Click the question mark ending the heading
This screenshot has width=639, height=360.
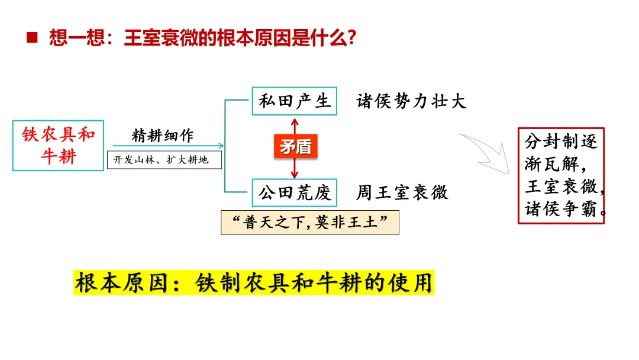[351, 38]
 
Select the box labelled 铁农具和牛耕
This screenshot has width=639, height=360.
[58, 146]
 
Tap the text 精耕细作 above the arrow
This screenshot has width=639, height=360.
[163, 136]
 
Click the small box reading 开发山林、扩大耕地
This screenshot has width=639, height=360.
[164, 160]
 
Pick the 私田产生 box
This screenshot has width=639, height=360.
[294, 101]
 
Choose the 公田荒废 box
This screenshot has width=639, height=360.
[294, 192]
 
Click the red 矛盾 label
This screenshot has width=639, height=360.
[295, 146]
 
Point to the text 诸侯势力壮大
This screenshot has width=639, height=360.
[411, 101]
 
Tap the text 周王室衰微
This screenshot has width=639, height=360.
[402, 192]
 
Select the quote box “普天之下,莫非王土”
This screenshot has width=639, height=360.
[310, 223]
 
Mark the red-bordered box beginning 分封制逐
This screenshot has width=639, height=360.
[561, 175]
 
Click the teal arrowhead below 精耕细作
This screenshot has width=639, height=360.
[221, 146]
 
